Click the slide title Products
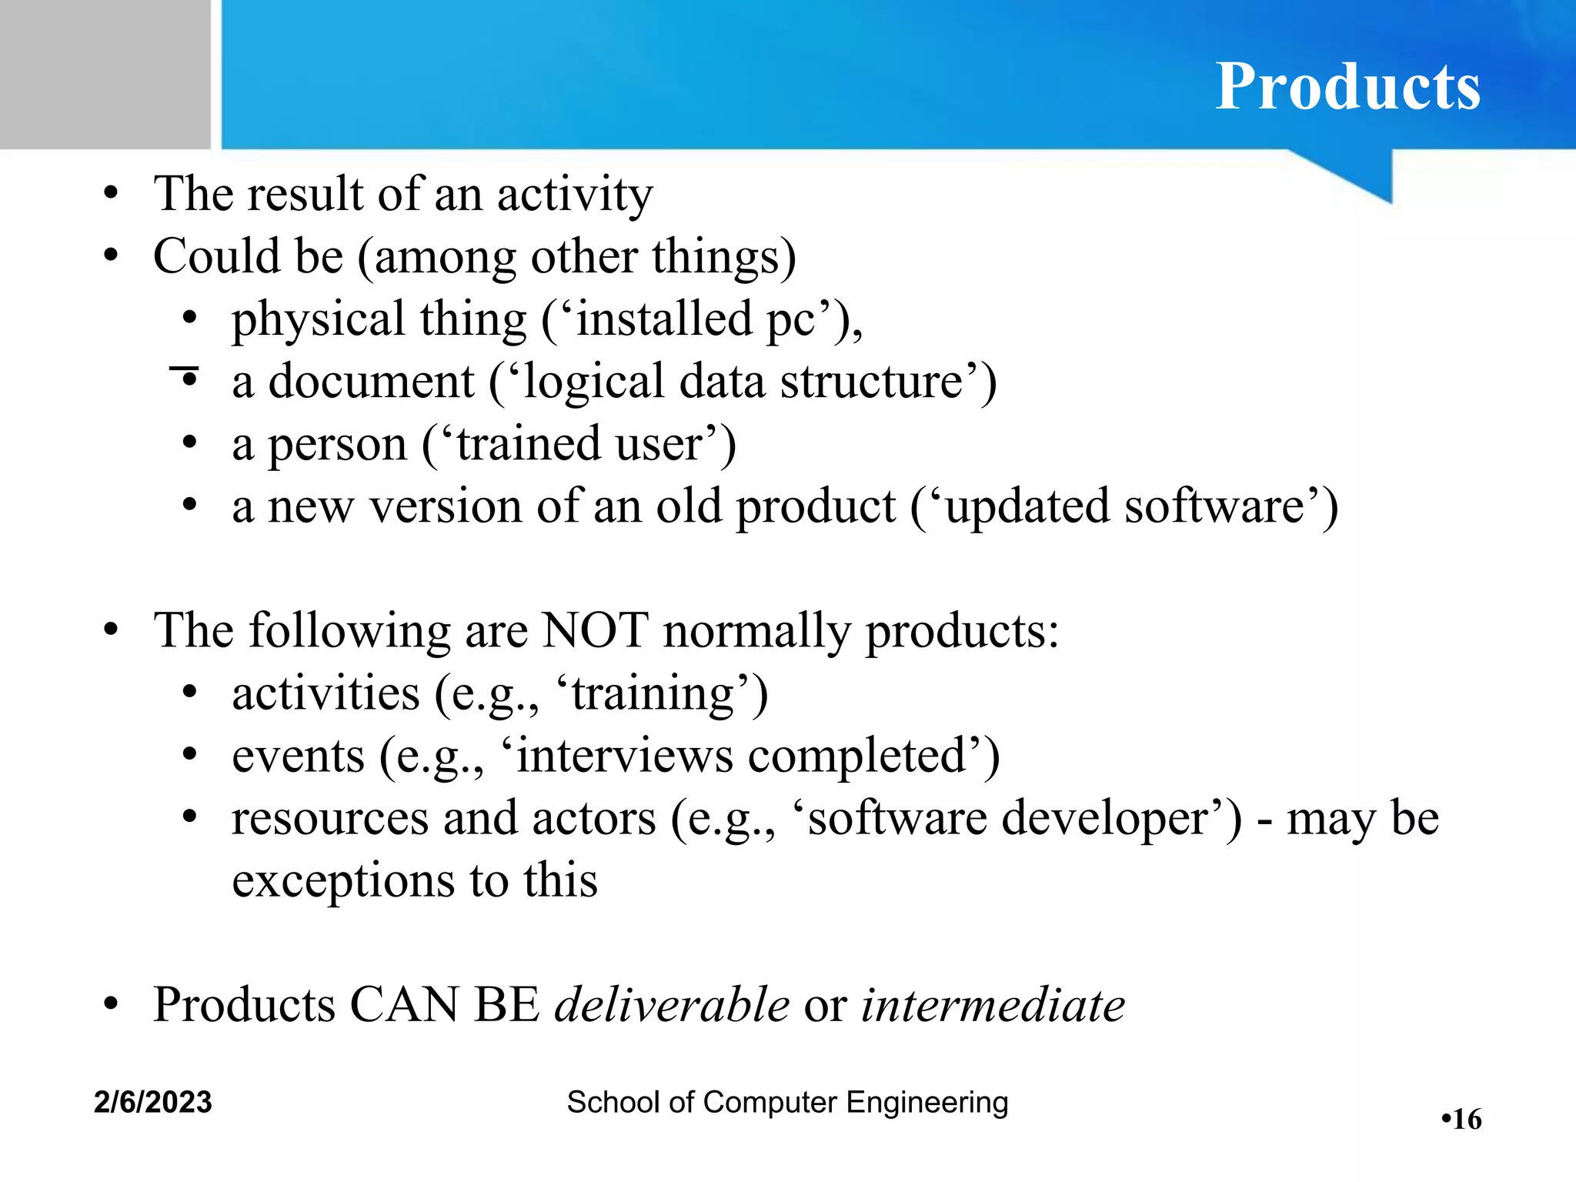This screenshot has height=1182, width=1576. [1347, 86]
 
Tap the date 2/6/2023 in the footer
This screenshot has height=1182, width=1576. [152, 1102]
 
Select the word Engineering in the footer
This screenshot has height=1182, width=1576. [927, 1102]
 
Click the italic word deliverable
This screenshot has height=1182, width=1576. [672, 1004]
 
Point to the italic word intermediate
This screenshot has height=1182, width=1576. [993, 1004]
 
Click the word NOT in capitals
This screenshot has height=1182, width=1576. [595, 630]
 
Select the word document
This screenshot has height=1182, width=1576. [371, 381]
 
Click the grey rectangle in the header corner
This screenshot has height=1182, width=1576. [105, 74]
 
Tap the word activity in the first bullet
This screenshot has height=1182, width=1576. [574, 193]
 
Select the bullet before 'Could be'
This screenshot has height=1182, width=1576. [112, 255]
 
